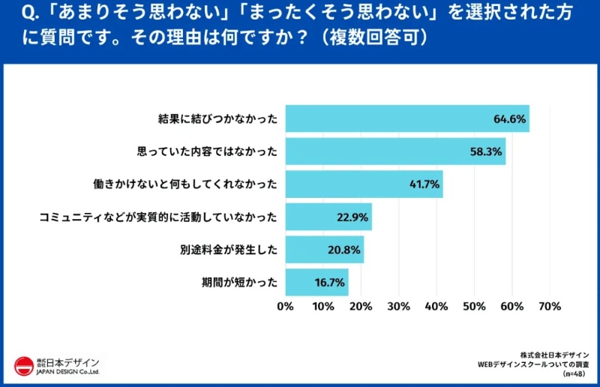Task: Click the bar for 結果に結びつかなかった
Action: tap(406, 118)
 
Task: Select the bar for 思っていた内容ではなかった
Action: tap(394, 151)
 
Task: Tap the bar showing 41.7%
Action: tap(363, 184)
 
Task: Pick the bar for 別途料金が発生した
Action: tap(324, 250)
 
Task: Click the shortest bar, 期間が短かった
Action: tap(316, 282)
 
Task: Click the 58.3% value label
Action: tap(485, 151)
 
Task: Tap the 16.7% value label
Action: tap(328, 282)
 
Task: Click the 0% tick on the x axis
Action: tap(285, 306)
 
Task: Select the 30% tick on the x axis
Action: tap(398, 306)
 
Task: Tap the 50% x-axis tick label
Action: tap(474, 306)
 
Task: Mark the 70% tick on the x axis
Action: tap(550, 306)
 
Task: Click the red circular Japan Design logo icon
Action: tap(24, 365)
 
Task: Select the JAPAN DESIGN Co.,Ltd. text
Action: tap(67, 372)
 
